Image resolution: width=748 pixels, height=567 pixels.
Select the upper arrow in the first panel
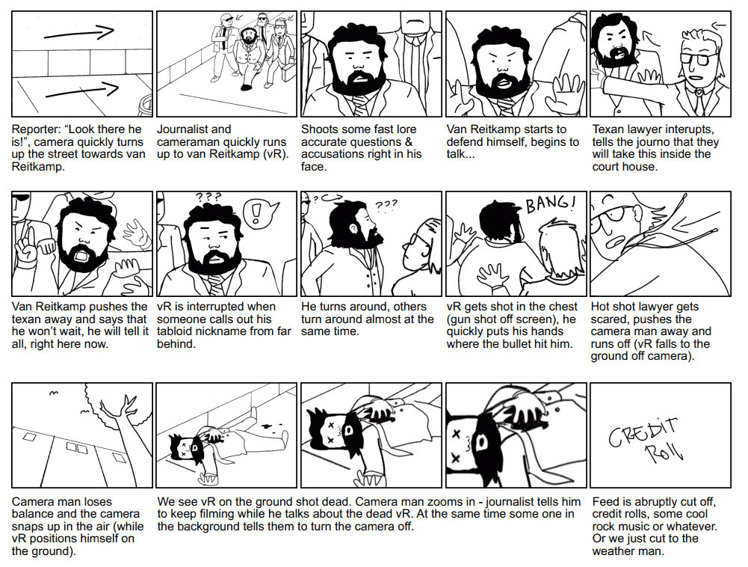point(78,33)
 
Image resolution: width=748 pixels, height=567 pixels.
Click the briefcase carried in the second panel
point(288,72)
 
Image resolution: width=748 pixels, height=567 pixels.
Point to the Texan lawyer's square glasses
point(699,59)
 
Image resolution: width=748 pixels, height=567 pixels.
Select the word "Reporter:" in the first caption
point(36,129)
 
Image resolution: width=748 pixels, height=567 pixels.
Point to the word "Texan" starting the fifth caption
point(607,129)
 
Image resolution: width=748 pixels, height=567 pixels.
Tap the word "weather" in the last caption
point(613,551)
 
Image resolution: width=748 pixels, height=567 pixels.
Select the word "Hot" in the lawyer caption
point(599,307)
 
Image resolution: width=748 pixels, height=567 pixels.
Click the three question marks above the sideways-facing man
point(386,205)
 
